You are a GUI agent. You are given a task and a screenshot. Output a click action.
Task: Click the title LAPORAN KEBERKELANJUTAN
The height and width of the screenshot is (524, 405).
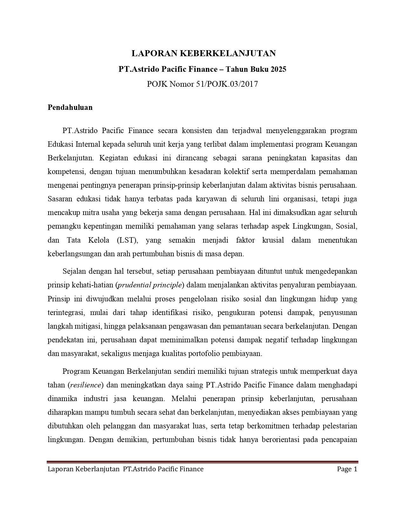(203, 53)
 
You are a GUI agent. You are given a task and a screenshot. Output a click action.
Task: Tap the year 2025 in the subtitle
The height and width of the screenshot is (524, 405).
(278, 69)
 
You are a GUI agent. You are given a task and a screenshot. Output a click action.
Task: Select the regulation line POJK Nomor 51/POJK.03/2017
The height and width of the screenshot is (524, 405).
(202, 84)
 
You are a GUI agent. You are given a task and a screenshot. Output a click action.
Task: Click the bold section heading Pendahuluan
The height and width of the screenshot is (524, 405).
(70, 107)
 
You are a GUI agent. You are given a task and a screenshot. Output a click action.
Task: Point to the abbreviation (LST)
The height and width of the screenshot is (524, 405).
(127, 240)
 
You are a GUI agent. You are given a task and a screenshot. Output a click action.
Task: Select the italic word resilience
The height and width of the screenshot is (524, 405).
(85, 385)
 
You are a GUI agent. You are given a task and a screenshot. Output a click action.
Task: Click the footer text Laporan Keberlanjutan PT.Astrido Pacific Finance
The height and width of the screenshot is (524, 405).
(125, 469)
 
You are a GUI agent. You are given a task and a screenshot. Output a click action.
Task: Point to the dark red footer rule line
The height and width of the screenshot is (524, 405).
(202, 462)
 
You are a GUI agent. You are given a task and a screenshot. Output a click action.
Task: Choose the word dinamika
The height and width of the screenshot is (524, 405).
(62, 399)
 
